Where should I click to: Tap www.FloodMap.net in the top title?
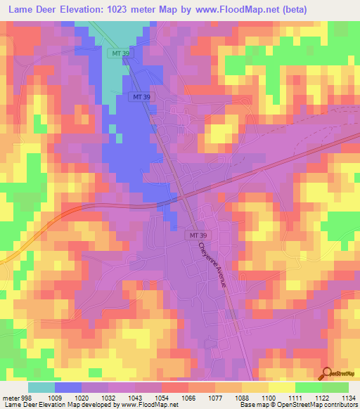tap(262, 9)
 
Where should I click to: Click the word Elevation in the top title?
tap(88, 9)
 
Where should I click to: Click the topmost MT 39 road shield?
tap(118, 53)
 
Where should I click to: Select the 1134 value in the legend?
tap(347, 397)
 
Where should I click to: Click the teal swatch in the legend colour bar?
tap(41, 387)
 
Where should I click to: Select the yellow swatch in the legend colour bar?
tap(281, 387)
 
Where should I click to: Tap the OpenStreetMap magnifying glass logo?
tap(326, 373)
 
